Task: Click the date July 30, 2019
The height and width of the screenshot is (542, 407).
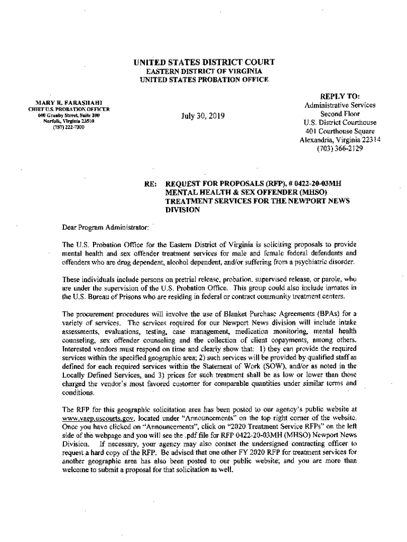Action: tap(203, 116)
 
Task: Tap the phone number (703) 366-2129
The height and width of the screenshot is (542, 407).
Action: tap(339, 149)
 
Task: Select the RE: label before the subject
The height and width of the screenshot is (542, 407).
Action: tap(150, 184)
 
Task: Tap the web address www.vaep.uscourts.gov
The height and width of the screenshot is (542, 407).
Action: tap(94, 418)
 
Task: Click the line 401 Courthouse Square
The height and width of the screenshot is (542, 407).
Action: tap(340, 131)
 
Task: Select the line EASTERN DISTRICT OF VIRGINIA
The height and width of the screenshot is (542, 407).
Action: tap(203, 71)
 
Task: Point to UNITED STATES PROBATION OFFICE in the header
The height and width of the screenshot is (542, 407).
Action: tap(203, 79)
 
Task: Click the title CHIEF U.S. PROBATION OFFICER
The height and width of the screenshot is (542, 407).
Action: tap(66, 110)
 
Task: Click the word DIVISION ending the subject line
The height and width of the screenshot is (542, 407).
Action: tap(183, 210)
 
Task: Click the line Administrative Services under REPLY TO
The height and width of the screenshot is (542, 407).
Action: tap(340, 105)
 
